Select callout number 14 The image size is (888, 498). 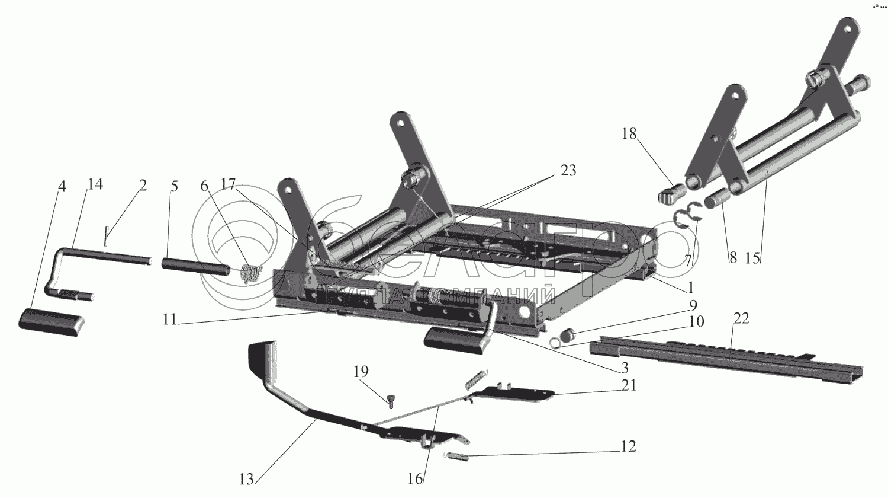95,184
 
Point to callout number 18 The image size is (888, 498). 629,134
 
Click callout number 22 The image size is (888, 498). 741,319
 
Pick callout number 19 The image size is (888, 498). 361,372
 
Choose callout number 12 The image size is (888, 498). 628,446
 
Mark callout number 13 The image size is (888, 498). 246,479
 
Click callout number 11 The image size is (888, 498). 170,320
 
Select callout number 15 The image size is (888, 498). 752,258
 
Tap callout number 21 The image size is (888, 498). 629,386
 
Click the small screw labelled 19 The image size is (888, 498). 391,402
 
